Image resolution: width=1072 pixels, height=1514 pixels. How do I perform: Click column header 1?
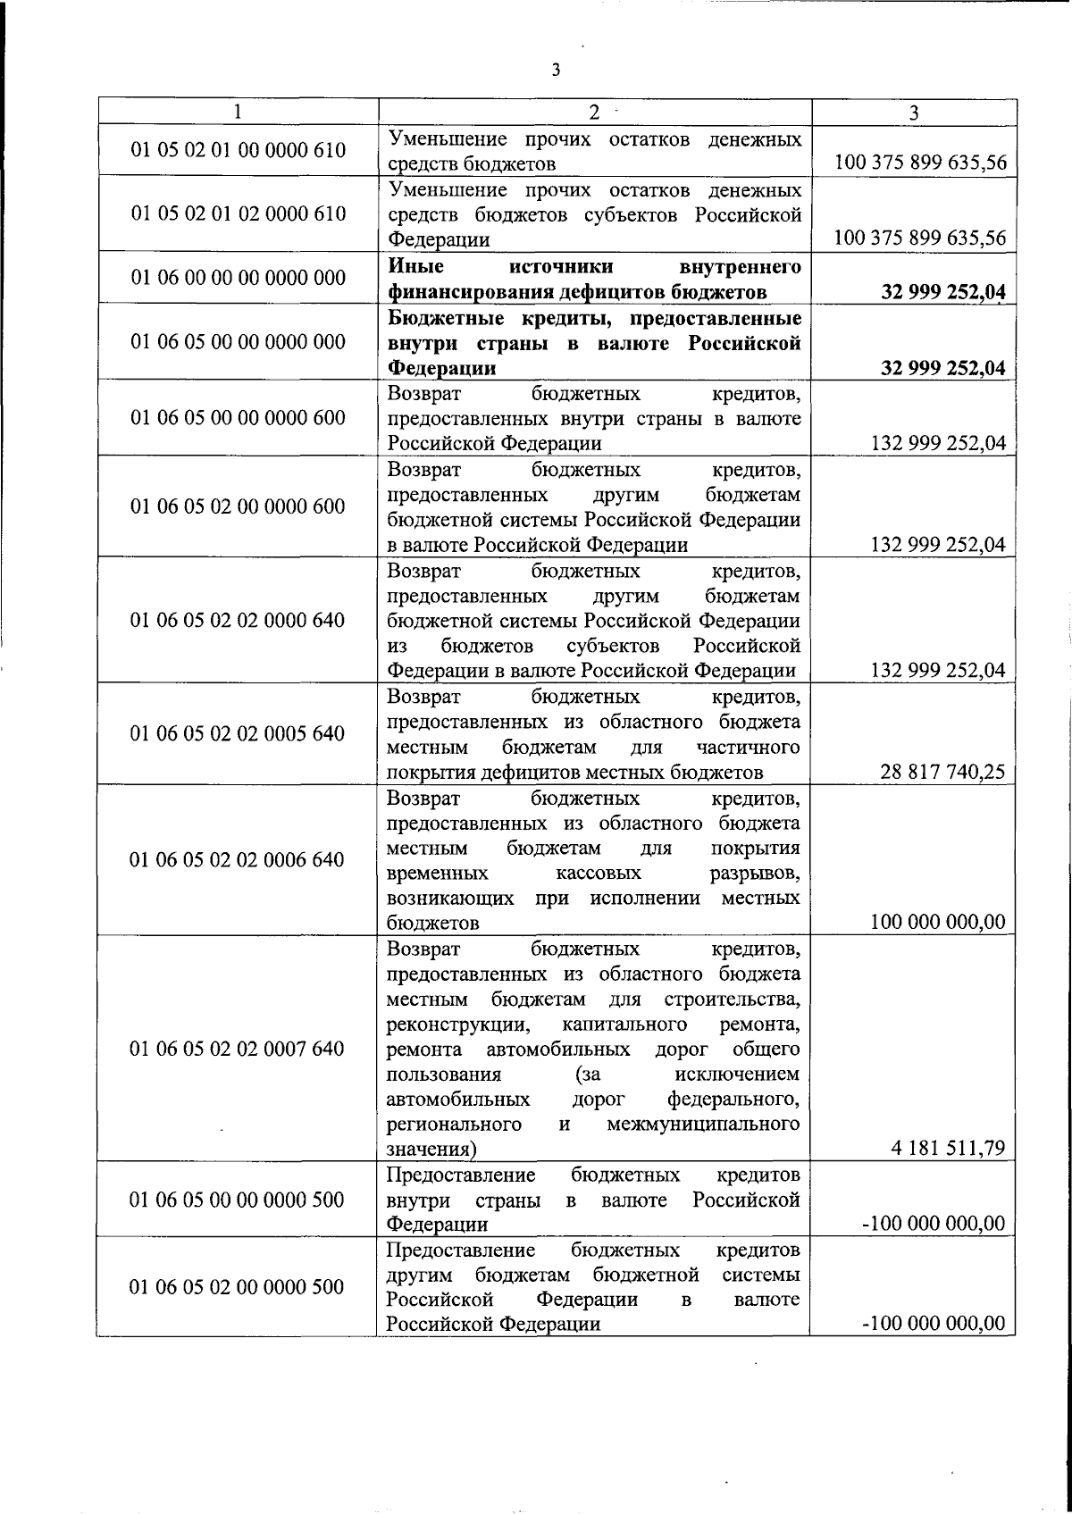(237, 113)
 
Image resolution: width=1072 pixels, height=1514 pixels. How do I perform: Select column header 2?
(594, 113)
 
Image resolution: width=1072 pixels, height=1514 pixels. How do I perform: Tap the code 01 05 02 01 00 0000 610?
(238, 150)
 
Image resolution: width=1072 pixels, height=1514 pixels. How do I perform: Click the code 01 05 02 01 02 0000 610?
(238, 213)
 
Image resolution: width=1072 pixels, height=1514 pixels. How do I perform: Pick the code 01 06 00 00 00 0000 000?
(238, 278)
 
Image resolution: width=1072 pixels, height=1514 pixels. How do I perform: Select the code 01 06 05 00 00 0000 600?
(238, 418)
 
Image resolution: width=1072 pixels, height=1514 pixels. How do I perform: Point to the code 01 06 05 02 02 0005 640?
(238, 733)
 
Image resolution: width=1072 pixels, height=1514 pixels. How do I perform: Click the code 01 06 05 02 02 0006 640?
(238, 859)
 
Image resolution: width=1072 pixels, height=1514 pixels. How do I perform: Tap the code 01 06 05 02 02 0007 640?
(238, 1049)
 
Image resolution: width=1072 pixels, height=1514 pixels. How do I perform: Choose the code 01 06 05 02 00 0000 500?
(238, 1287)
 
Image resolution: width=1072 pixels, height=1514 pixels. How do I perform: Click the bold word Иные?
(415, 267)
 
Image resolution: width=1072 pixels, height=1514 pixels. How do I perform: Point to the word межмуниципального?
(703, 1124)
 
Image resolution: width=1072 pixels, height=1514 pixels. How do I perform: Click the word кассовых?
(598, 873)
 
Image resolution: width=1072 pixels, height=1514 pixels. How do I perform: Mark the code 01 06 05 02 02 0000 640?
(238, 620)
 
